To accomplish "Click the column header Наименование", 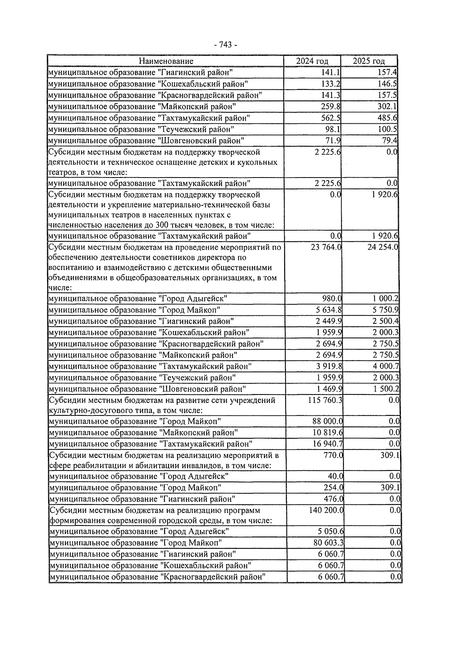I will coord(166,61).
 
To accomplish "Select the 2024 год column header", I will coord(312,61).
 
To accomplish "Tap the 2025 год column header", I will coord(369,61).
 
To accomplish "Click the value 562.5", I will coord(331,118).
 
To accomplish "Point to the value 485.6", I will coord(387,118).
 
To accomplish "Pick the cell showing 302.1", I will coord(387,107).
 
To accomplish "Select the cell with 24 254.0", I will coord(383,247).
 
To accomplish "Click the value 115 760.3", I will coord(325,400).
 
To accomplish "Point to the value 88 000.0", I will coord(328,422).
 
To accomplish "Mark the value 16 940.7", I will coord(328,444).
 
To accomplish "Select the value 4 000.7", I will coord(386,367).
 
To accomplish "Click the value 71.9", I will coord(333,141).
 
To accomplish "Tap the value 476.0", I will coord(334,499).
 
